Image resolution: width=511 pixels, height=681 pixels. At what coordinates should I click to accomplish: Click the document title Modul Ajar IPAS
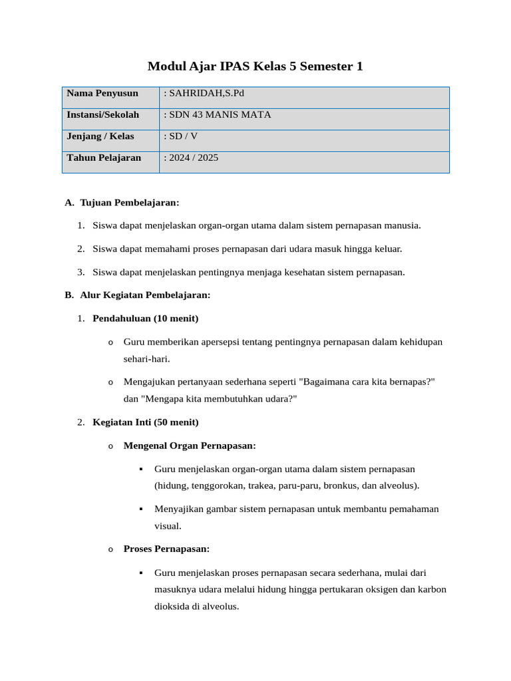pos(255,67)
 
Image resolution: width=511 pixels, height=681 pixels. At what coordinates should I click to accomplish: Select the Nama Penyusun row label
pos(102,93)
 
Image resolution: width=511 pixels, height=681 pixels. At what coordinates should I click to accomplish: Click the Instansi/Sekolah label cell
pos(103,115)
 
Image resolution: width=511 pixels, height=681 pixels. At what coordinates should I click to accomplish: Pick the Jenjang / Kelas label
pos(100,136)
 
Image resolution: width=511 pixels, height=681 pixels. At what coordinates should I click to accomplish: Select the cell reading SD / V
pos(182,136)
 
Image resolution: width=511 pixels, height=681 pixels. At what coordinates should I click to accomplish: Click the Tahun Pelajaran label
pos(104,158)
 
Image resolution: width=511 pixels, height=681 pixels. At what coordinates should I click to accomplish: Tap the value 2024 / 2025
pos(193,158)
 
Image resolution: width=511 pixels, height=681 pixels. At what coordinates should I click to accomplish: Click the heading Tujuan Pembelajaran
pos(130,202)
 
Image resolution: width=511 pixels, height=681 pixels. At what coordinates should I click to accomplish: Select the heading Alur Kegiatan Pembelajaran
pos(145,295)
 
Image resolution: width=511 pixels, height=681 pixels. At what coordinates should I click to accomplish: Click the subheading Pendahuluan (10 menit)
pos(145,319)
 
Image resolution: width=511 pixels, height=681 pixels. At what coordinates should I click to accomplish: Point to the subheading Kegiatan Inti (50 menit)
pos(145,422)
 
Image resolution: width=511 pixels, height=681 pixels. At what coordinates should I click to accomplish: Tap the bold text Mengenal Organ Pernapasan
pos(190,446)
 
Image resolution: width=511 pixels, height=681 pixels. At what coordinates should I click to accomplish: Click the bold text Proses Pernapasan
pos(166,549)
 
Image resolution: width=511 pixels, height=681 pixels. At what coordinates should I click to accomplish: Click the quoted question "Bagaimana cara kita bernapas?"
pos(367,382)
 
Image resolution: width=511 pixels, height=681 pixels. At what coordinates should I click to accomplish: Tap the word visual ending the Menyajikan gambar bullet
pos(168,526)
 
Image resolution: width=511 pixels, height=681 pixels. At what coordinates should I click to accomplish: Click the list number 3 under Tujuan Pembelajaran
pos(81,272)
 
